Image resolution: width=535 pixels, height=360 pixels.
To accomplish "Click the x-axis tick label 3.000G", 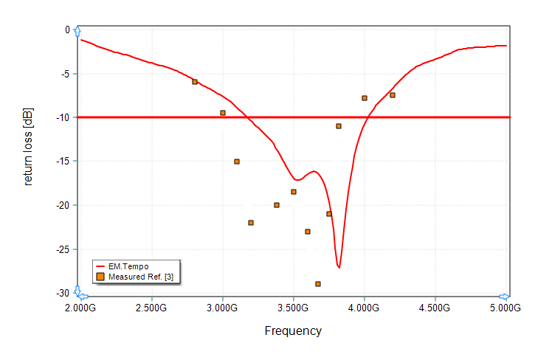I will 222,307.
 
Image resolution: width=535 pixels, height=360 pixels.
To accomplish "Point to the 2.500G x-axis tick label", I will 151,307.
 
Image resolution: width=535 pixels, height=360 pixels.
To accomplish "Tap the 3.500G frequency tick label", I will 293,307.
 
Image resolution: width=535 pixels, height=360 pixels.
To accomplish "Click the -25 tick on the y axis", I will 63,249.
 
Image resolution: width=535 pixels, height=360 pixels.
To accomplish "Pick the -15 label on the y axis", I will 63,162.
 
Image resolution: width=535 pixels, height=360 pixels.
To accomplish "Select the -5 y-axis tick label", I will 65,74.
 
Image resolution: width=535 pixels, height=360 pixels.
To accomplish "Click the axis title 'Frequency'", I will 293,330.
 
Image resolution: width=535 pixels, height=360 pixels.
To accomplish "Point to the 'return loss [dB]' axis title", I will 28,147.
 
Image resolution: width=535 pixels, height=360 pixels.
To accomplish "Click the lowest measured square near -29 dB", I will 318,284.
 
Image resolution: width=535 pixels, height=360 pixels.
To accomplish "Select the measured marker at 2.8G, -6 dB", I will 195,82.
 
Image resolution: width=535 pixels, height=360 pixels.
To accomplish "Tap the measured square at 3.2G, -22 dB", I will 251,223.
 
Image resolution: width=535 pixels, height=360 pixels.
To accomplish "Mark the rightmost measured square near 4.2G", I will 393,95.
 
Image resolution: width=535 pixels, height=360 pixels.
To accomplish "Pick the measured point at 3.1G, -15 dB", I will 237,162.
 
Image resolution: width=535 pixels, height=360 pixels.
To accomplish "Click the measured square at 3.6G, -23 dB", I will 308,232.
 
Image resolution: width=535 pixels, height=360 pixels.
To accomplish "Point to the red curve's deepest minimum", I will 339,267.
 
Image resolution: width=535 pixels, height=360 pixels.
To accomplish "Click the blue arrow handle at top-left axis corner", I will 77,30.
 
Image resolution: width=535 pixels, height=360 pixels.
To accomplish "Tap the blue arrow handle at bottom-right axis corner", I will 504,293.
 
